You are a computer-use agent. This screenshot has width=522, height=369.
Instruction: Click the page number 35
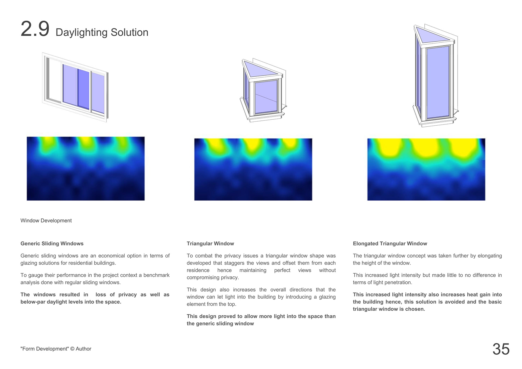[x=501, y=349]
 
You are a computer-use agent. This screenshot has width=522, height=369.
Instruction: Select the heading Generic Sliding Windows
[x=52, y=244]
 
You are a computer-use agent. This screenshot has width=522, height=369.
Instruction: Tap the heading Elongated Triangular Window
[x=390, y=244]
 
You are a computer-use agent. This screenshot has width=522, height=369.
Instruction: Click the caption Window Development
[x=46, y=221]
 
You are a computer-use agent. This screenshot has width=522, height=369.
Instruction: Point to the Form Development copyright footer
[x=56, y=349]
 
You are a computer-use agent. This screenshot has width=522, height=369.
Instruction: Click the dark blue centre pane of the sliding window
[x=83, y=89]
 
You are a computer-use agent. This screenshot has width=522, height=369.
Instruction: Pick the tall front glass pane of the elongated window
[x=438, y=82]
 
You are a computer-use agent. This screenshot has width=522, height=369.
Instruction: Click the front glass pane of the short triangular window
[x=266, y=97]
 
